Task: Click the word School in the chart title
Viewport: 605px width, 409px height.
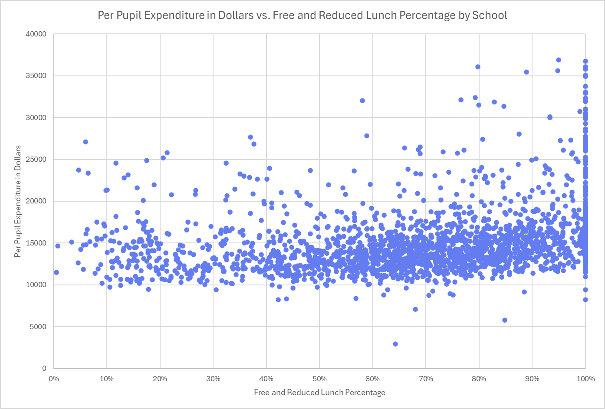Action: click(490, 16)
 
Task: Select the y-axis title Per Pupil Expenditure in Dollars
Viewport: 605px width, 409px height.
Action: click(18, 201)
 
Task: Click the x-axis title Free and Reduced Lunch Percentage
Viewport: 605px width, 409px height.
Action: click(319, 393)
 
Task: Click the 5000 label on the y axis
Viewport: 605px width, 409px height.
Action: click(38, 327)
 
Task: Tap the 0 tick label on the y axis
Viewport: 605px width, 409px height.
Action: click(44, 368)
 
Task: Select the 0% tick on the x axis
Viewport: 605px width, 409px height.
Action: click(54, 379)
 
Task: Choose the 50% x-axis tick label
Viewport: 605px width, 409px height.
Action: click(319, 379)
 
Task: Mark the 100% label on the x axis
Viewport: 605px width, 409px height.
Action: click(585, 379)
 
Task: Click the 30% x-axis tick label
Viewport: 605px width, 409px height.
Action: click(213, 379)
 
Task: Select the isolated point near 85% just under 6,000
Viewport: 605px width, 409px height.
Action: click(505, 320)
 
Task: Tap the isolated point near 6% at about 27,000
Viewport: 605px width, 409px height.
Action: click(85, 142)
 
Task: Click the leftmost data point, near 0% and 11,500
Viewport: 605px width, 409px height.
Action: click(56, 272)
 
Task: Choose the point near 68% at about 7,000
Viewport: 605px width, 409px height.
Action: click(415, 309)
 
